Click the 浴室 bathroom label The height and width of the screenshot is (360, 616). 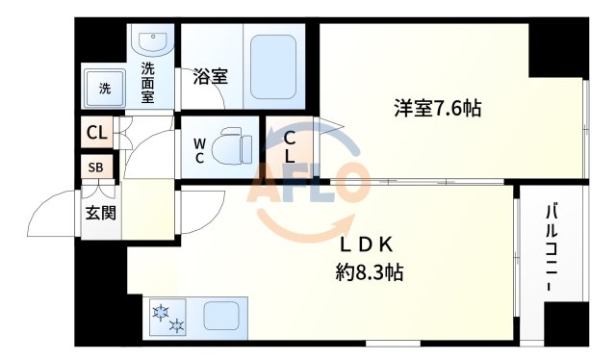pyautogui.click(x=210, y=76)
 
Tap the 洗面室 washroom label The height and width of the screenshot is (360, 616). pyautogui.click(x=148, y=82)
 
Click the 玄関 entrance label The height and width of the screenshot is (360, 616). pyautogui.click(x=100, y=212)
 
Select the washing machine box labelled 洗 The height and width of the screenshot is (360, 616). pyautogui.click(x=103, y=89)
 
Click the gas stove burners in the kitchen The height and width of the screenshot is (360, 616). pyautogui.click(x=167, y=317)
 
